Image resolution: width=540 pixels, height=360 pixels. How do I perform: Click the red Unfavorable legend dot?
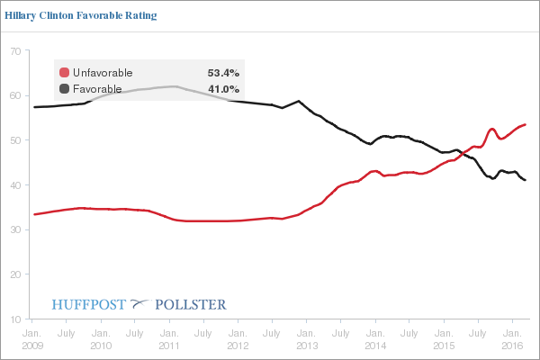tap(64, 72)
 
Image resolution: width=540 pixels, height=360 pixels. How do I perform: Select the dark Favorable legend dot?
tap(64, 88)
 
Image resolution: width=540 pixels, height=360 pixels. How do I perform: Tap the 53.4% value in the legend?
tap(222, 72)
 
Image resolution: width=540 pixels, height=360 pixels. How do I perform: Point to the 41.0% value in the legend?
tap(222, 88)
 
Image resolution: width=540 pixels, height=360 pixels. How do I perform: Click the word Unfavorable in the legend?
tap(103, 72)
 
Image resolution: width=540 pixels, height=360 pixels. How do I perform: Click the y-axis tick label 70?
tap(16, 51)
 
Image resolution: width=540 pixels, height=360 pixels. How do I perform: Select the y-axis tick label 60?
tap(16, 95)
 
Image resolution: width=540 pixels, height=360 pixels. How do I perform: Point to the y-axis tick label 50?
tap(16, 140)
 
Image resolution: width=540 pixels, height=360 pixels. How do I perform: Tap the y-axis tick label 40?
tap(16, 185)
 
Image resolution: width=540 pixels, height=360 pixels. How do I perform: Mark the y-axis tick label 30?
tap(16, 229)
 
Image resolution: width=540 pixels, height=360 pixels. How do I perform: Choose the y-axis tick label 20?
tap(16, 274)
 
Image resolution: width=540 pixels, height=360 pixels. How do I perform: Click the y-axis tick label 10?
tap(16, 319)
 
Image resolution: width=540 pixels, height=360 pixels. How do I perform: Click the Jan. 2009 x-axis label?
tap(31, 338)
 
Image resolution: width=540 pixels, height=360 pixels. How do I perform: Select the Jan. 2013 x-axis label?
tap(305, 338)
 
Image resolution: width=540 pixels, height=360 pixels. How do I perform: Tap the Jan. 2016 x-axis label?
tap(512, 338)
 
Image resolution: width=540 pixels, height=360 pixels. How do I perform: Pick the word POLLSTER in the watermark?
tap(191, 304)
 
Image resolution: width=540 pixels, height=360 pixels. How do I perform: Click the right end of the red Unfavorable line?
tap(526, 124)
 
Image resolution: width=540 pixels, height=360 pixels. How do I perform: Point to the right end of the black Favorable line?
tap(526, 180)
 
